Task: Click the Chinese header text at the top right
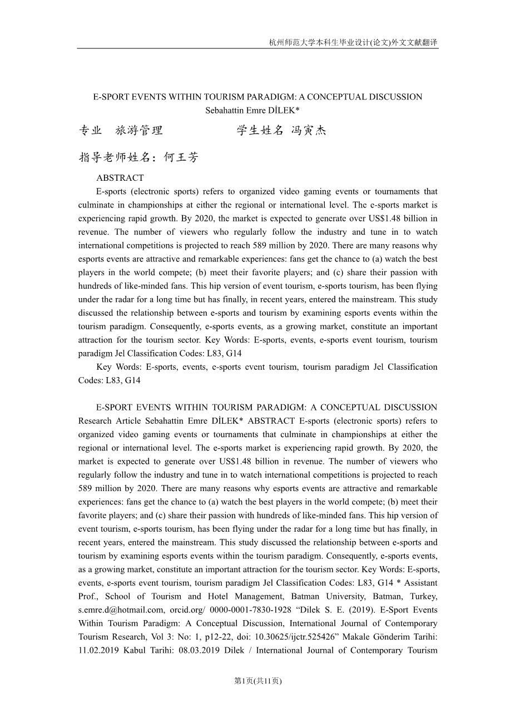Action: click(x=353, y=42)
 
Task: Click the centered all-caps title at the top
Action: click(x=257, y=97)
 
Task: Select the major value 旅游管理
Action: click(x=138, y=131)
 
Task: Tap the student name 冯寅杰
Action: click(x=309, y=131)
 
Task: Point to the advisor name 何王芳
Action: click(x=181, y=157)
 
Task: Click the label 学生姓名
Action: click(x=260, y=131)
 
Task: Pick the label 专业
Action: click(x=90, y=131)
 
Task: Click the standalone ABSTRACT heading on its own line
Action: click(x=120, y=178)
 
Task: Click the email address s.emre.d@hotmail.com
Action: click(x=121, y=610)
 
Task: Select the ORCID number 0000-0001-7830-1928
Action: click(x=250, y=610)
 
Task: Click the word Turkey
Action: click(x=424, y=596)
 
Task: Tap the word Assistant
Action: click(x=420, y=583)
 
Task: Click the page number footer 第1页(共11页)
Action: click(x=257, y=681)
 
